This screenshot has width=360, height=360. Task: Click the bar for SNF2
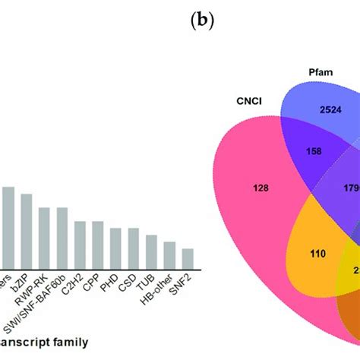pos(187,257)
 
